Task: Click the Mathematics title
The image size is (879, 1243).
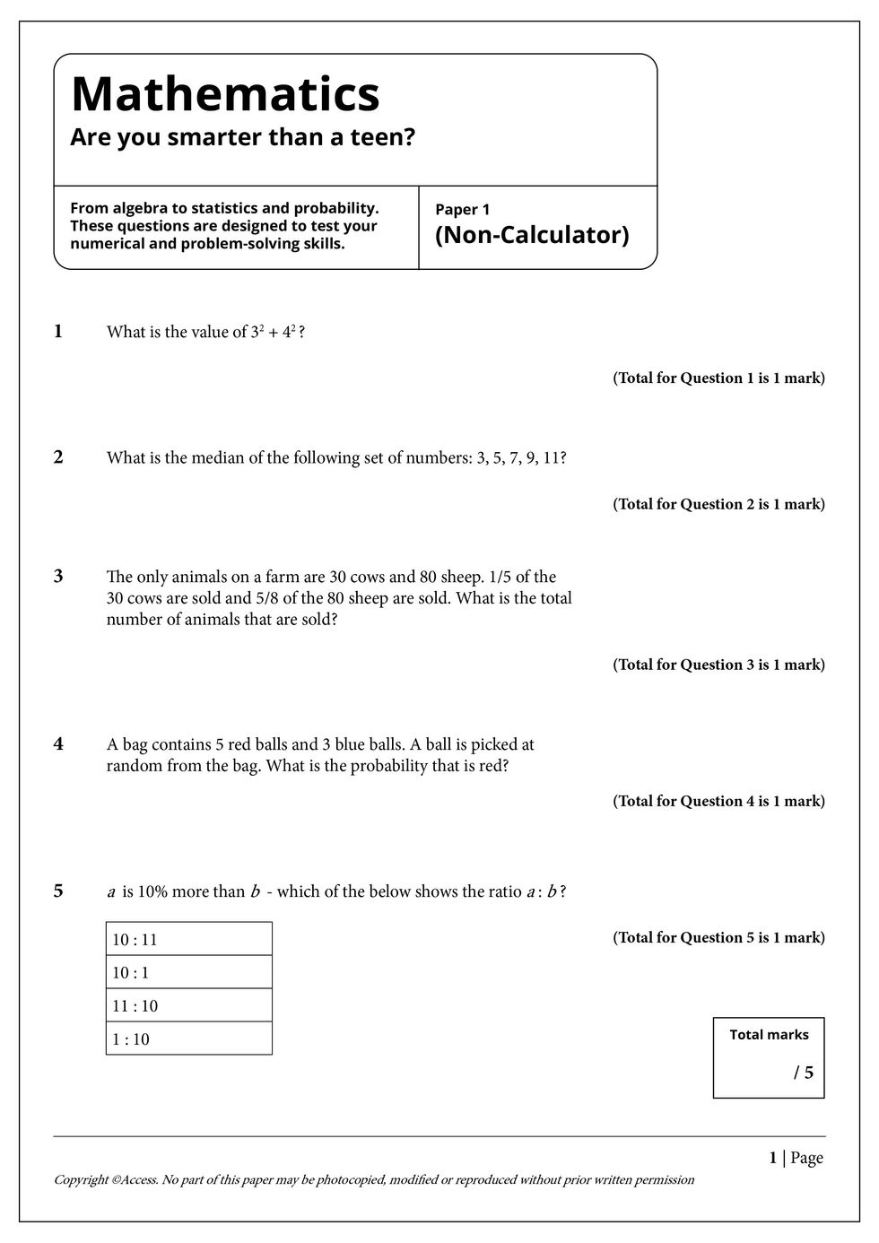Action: tap(225, 93)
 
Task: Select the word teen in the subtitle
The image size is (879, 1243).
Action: tap(388, 138)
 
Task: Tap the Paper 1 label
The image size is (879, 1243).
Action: tap(462, 210)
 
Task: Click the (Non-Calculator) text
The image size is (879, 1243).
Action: tap(532, 235)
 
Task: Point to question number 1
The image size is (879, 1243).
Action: tap(58, 332)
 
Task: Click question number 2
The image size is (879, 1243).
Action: tap(58, 457)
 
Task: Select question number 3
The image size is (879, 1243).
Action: tap(58, 577)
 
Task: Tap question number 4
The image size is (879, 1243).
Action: tap(58, 744)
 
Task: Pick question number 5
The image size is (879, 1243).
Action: tap(58, 891)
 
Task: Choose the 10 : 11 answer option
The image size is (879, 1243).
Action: tap(135, 940)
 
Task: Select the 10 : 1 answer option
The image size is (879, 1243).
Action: tap(130, 973)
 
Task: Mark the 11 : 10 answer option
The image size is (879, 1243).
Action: tap(135, 1006)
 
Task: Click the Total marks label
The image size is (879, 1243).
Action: tap(769, 1035)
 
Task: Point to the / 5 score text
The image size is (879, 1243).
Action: tap(804, 1073)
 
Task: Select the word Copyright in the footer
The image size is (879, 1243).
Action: tap(81, 1180)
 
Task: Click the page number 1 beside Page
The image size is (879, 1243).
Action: tap(772, 1158)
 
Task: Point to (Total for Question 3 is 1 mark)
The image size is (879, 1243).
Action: tap(718, 665)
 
